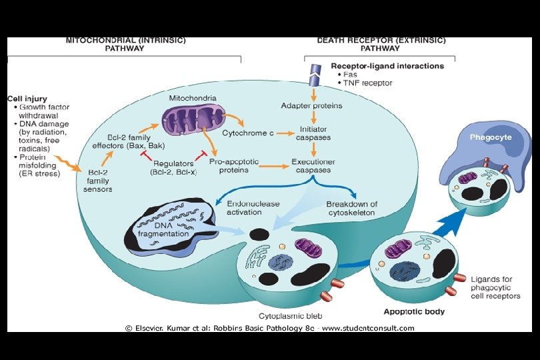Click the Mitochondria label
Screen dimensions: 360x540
(193, 98)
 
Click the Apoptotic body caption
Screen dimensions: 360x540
(414, 311)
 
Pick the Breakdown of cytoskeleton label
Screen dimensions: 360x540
(351, 208)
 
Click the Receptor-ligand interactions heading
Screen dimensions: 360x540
(387, 66)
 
